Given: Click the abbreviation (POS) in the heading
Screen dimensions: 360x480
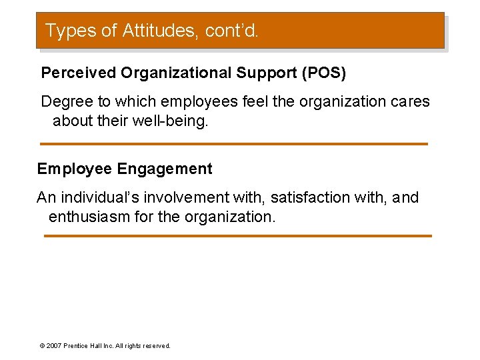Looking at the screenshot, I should point(324,73).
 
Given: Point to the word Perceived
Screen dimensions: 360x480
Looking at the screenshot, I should point(78,73).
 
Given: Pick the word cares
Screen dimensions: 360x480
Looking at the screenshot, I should point(411,102).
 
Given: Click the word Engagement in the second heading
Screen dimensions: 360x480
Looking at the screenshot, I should point(165,169).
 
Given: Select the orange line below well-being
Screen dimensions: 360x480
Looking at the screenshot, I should point(233,144).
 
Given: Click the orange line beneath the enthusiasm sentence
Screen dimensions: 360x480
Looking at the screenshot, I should point(237,236).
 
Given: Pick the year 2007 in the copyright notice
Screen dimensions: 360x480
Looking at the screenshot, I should point(53,346).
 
